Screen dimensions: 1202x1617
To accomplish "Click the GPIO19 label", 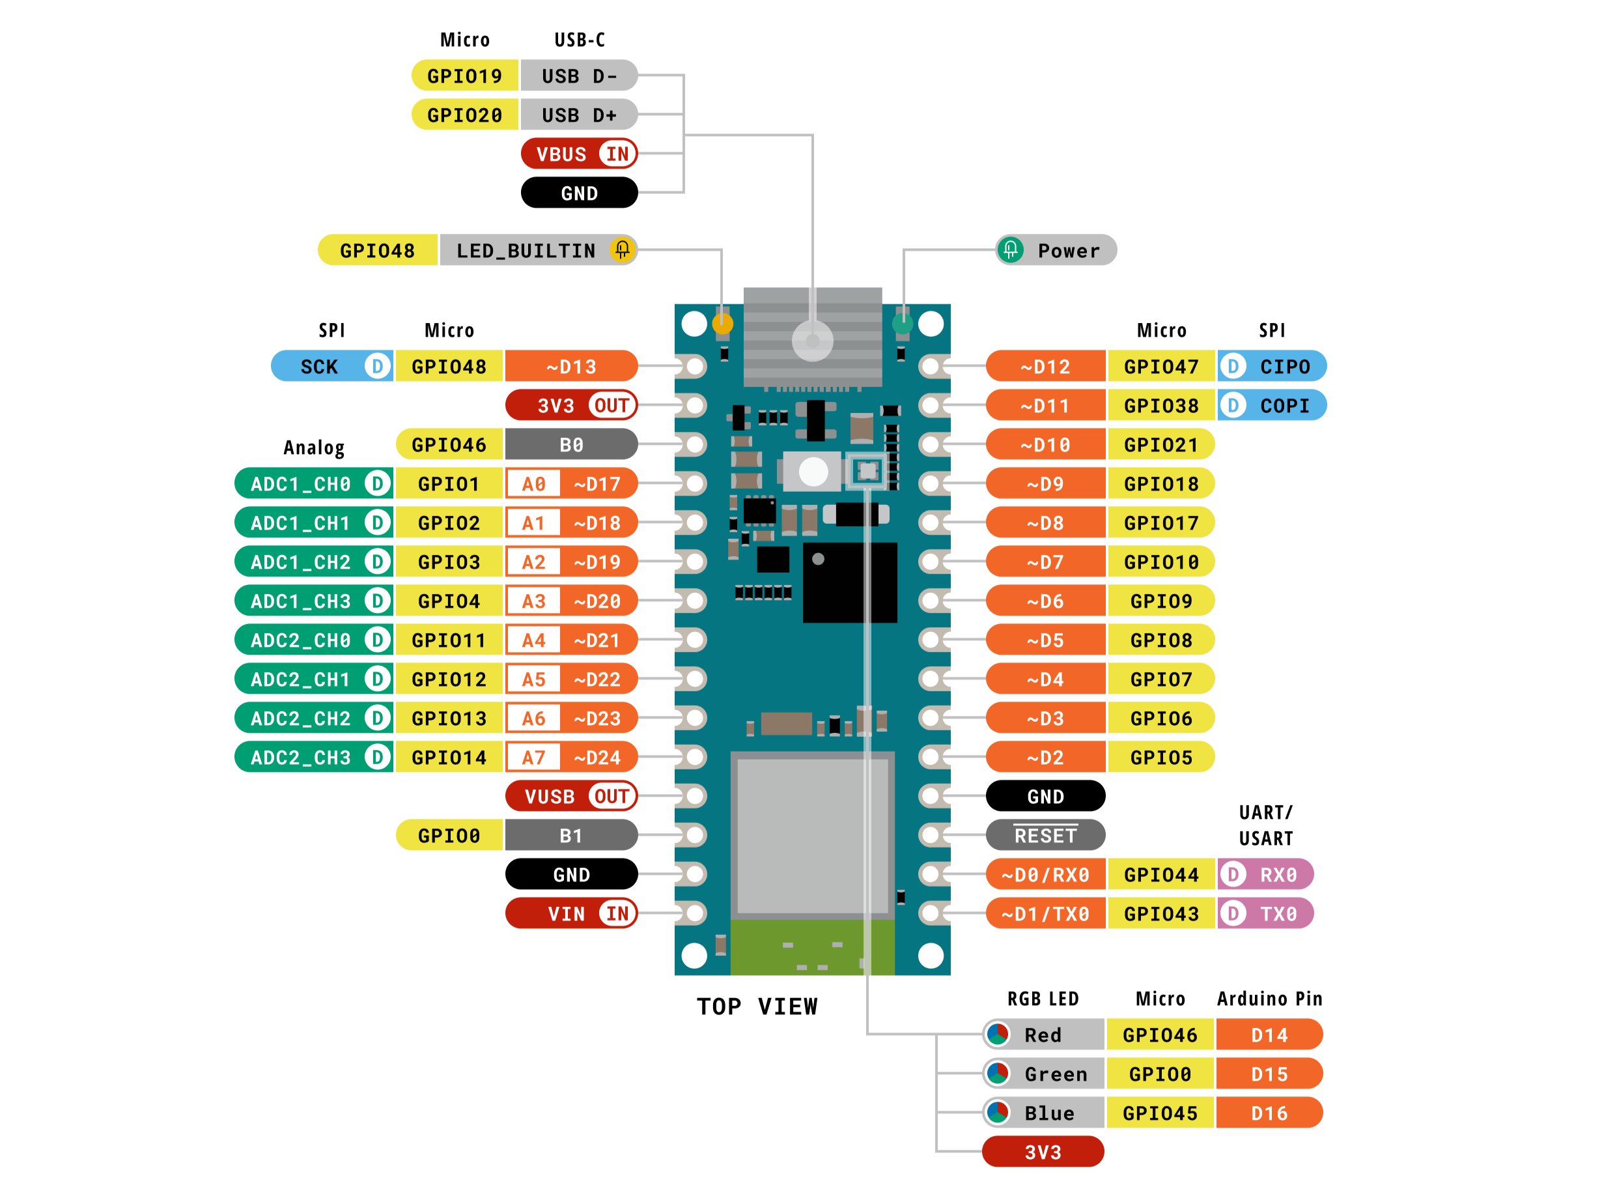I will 464,76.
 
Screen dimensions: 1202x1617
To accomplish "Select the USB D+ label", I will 579,115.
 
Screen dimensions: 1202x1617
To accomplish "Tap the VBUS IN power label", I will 579,154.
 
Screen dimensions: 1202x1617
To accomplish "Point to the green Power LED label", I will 1056,250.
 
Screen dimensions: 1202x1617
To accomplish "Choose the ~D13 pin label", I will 571,366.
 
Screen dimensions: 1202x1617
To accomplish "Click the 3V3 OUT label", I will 571,405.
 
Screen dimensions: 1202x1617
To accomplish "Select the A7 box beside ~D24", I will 533,758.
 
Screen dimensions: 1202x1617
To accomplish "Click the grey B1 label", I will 571,835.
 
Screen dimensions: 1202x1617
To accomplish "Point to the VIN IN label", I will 571,913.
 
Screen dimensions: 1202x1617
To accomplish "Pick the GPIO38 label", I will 1161,405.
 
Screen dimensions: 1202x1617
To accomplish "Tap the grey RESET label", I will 1045,835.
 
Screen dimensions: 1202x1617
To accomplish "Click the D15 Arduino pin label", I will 1269,1074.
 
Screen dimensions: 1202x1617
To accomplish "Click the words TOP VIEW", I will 757,1007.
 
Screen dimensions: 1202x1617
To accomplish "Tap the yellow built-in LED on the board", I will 722,324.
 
